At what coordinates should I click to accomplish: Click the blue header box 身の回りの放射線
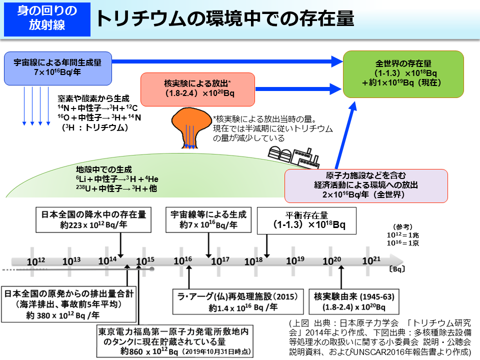coord(46,18)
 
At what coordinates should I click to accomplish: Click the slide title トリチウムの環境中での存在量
coord(224,18)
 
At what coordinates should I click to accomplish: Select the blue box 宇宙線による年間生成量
coord(57,68)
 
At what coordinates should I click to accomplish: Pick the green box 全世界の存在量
coord(403,74)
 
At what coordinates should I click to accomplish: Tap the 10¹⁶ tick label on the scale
coord(182,261)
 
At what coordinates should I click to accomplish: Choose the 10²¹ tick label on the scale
coord(371,261)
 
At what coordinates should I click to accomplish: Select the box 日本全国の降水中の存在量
coord(93,220)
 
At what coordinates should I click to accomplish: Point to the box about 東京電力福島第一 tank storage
coord(174,340)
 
